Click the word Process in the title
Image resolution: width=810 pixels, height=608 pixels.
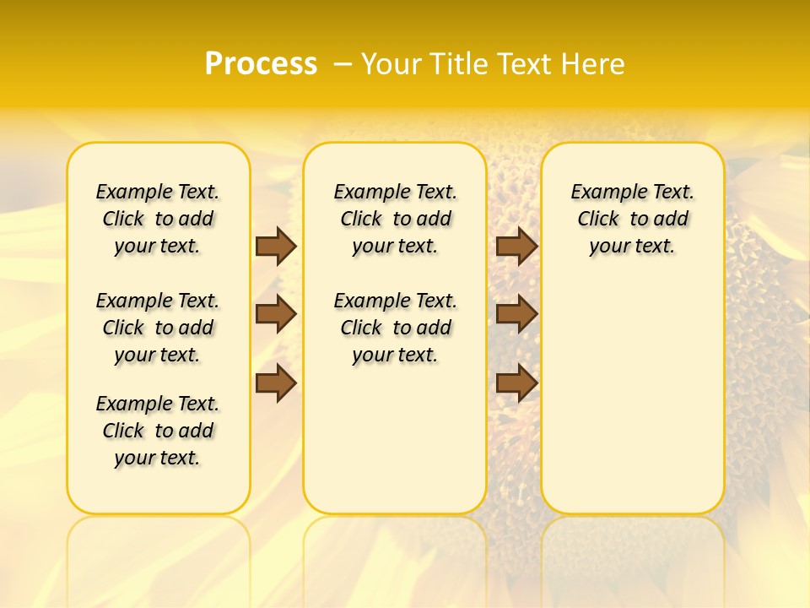tap(261, 64)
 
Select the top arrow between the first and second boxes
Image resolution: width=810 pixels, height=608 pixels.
tap(276, 246)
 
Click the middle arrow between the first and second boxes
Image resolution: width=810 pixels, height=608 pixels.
tap(276, 314)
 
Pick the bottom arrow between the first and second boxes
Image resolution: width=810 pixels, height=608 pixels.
tap(276, 383)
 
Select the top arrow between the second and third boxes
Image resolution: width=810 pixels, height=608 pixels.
tap(516, 246)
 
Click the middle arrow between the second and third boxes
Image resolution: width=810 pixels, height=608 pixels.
tap(516, 314)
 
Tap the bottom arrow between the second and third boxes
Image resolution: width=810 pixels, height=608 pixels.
tap(516, 383)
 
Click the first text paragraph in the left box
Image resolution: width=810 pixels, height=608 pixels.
tap(158, 219)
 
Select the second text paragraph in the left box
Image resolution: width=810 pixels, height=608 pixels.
tap(158, 328)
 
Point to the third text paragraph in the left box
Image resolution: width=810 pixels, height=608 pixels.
tap(158, 431)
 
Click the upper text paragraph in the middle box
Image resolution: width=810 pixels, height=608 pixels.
tap(395, 219)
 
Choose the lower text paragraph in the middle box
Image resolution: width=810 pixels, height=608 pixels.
tap(395, 328)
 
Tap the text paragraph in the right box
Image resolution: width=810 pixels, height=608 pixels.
tap(633, 219)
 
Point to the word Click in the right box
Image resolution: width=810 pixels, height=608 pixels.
tap(598, 219)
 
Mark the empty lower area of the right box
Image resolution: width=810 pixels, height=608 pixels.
tap(633, 388)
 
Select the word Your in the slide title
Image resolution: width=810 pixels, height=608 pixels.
tap(391, 64)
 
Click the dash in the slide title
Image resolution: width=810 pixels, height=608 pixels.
tap(343, 64)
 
